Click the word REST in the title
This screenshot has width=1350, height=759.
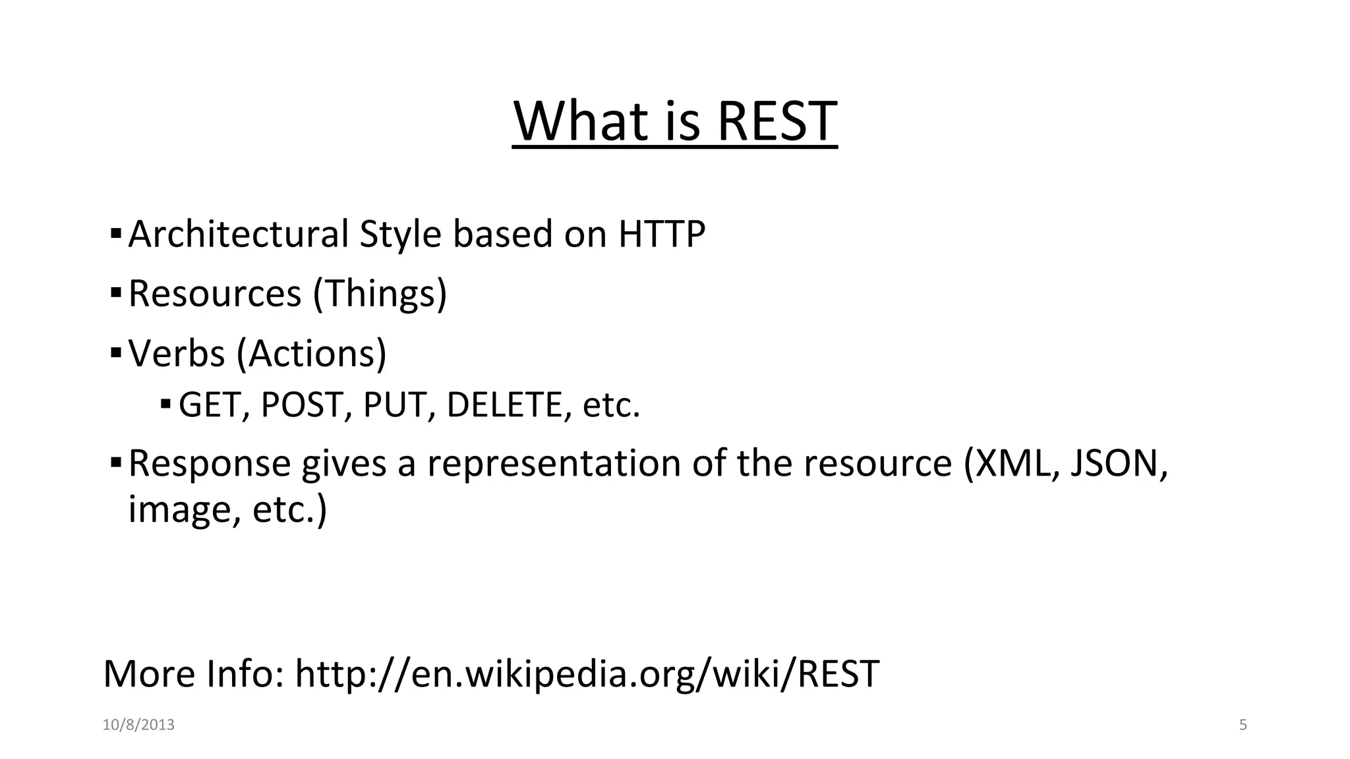tap(777, 121)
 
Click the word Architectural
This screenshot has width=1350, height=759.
tap(238, 234)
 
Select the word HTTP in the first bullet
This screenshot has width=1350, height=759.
tap(662, 234)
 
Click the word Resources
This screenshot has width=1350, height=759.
tap(214, 293)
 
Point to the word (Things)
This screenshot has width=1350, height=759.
tap(380, 293)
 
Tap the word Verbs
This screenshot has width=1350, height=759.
tap(176, 353)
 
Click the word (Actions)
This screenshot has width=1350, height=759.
tap(311, 353)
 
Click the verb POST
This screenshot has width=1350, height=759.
tap(307, 405)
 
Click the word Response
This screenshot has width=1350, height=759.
tap(209, 463)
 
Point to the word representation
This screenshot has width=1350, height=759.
tap(554, 463)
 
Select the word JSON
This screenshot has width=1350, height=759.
tap(1117, 463)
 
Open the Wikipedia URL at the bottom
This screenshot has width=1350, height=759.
tap(587, 674)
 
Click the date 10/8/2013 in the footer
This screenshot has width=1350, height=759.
tap(138, 725)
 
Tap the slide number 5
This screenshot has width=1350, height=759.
tap(1243, 725)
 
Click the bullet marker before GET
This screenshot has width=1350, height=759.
tap(165, 403)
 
